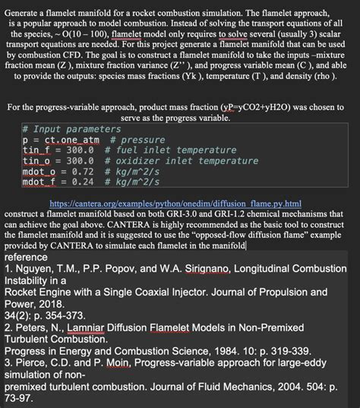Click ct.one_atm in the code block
(x=72, y=141)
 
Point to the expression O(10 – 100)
(x=81, y=35)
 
